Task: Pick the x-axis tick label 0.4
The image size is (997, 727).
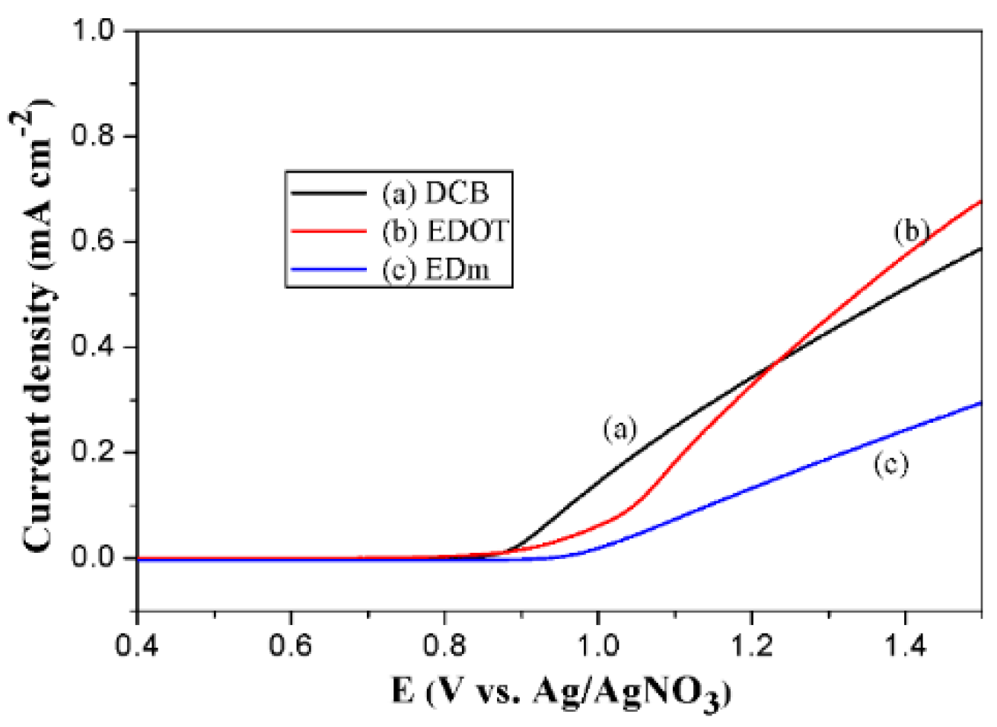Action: coord(137,647)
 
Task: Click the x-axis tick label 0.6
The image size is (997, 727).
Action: coord(291,647)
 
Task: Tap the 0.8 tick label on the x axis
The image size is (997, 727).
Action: coord(445,647)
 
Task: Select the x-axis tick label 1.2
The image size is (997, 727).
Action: coord(751,647)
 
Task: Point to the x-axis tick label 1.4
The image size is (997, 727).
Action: coord(905,647)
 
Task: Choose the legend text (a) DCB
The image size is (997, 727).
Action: coord(435,193)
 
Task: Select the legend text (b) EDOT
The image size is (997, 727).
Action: coord(444,231)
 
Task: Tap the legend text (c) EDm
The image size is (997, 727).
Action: coord(435,269)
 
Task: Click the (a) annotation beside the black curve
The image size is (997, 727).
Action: coord(620,430)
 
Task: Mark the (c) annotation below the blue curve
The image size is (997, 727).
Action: coord(890,464)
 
